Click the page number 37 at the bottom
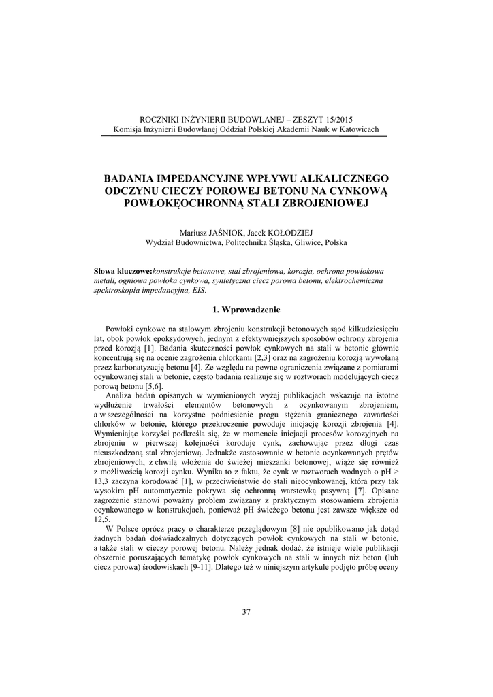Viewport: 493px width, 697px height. [x=246, y=611]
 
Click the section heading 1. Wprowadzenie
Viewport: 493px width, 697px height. [x=246, y=310]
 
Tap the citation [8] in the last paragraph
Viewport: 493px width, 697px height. [x=294, y=529]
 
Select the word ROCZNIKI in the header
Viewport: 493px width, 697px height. [x=159, y=118]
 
